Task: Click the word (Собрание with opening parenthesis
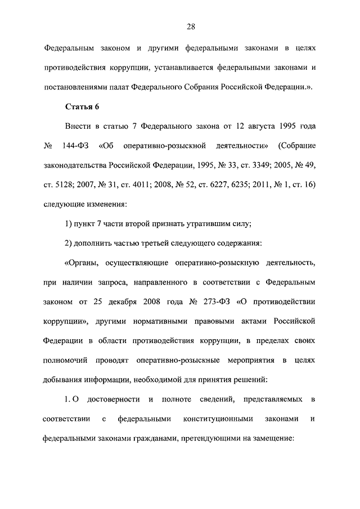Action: [x=296, y=146]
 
